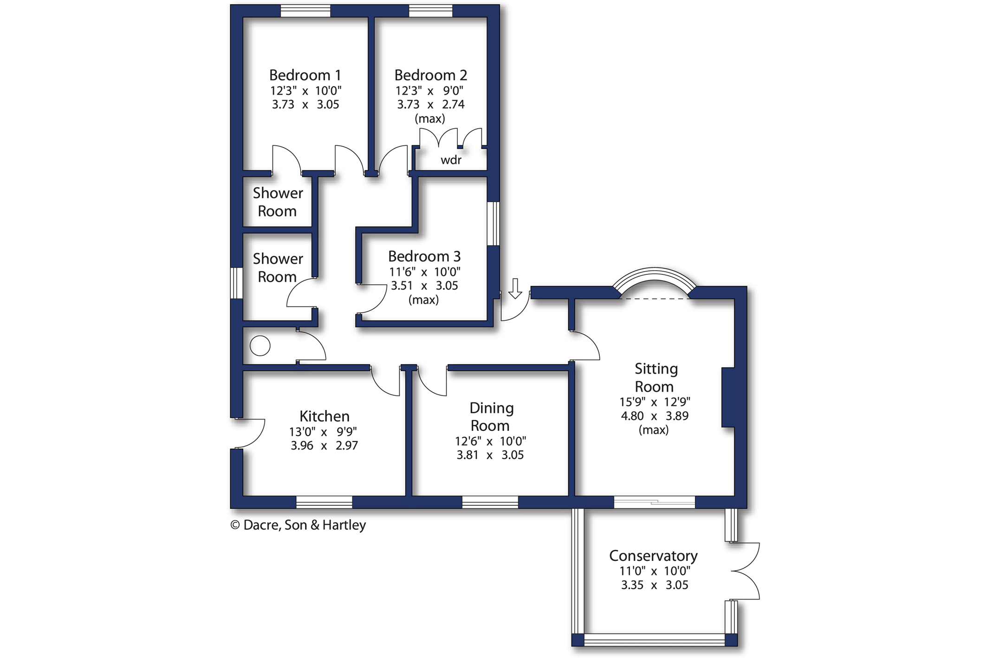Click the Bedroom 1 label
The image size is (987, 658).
(305, 75)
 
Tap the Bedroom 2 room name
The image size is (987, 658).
(430, 75)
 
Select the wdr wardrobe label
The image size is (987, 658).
(451, 160)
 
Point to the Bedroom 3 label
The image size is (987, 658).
(424, 256)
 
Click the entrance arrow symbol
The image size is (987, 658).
(515, 288)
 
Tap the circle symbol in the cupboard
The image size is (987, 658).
(260, 346)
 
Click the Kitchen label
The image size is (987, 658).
(325, 416)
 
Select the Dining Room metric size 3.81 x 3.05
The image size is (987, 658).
(490, 455)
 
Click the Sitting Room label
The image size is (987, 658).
(655, 378)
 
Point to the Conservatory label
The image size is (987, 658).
(653, 556)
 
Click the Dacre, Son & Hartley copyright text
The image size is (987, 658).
(298, 525)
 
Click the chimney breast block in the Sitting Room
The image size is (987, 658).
(728, 397)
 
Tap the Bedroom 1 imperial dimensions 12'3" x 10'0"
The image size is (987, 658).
(306, 91)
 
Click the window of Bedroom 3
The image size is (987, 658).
(493, 223)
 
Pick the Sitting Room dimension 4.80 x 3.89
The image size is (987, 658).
(655, 416)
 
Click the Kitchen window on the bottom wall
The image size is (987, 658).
(324, 502)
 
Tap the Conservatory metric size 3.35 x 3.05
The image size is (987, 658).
(655, 585)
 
